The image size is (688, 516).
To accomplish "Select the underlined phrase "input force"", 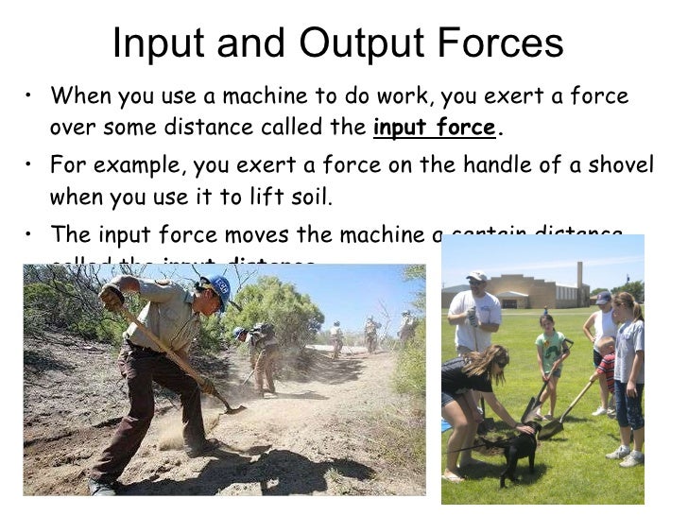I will click(434, 128).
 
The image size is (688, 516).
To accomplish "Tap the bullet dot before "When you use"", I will click(32, 97).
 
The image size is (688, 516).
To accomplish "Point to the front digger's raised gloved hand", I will click(112, 296).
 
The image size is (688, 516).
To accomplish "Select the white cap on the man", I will click(477, 276).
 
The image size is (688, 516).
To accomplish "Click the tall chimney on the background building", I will click(579, 280).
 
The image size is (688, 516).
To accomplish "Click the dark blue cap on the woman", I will click(603, 298).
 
